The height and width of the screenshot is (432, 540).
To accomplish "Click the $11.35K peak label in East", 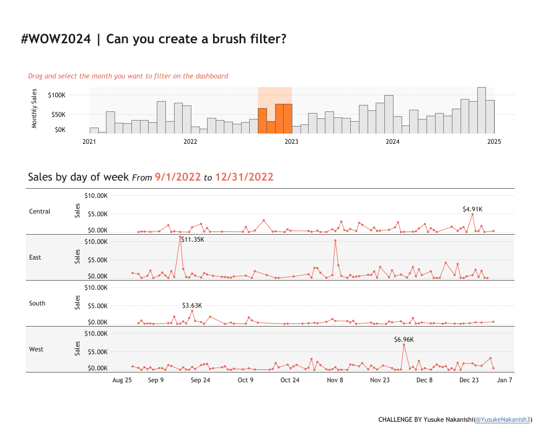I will pyautogui.click(x=193, y=239).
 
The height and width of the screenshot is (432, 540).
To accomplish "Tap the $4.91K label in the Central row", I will pyautogui.click(x=472, y=209).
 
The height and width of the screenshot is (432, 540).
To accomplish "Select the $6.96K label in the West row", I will pyautogui.click(x=404, y=340).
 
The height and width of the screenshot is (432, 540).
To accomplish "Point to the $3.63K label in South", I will pyautogui.click(x=192, y=305).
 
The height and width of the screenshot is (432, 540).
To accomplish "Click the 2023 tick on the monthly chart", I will pyautogui.click(x=291, y=142).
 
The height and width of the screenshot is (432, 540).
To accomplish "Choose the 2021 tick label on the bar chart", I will pyautogui.click(x=89, y=142).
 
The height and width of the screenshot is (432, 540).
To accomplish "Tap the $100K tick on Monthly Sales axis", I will pyautogui.click(x=57, y=95).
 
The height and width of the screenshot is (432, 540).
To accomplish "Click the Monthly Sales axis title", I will pyautogui.click(x=35, y=109).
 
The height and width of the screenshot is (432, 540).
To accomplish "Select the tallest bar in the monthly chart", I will pyautogui.click(x=481, y=110).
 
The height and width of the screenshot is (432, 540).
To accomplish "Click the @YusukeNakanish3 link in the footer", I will pyautogui.click(x=503, y=420).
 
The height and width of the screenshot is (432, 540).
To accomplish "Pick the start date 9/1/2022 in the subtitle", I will pyautogui.click(x=178, y=177).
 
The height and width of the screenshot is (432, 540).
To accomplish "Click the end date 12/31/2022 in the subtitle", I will pyautogui.click(x=244, y=177).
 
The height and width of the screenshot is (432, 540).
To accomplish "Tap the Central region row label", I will pyautogui.click(x=39, y=211).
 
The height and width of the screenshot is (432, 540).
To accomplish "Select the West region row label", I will pyautogui.click(x=36, y=349).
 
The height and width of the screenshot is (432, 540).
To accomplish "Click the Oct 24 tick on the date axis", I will pyautogui.click(x=290, y=380).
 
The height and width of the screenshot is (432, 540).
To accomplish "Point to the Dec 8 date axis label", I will pyautogui.click(x=424, y=380).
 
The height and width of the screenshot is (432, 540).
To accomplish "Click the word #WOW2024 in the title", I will pyautogui.click(x=56, y=39).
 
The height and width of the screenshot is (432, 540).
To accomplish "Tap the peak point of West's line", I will pyautogui.click(x=404, y=345).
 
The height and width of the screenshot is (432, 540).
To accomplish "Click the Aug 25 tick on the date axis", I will pyautogui.click(x=122, y=380).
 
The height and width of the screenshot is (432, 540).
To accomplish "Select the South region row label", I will pyautogui.click(x=37, y=303).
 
